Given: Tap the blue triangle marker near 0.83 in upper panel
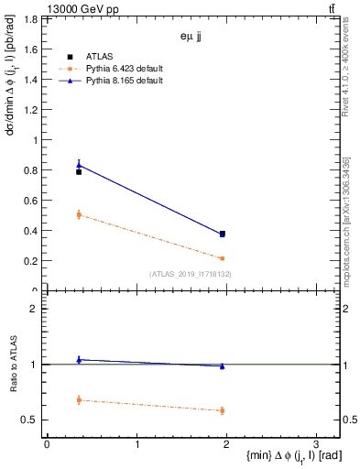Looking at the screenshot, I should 79,165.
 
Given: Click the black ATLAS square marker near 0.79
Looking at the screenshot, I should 79,172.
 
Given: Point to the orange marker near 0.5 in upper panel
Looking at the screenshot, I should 79,214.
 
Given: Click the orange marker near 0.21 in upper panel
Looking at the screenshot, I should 222,258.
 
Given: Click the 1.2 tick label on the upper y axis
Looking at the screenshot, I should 32,110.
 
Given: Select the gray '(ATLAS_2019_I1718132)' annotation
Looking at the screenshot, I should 191,274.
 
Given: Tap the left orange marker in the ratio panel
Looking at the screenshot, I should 79,400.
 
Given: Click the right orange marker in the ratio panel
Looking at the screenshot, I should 222,410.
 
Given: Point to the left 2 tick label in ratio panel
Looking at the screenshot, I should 34,309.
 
